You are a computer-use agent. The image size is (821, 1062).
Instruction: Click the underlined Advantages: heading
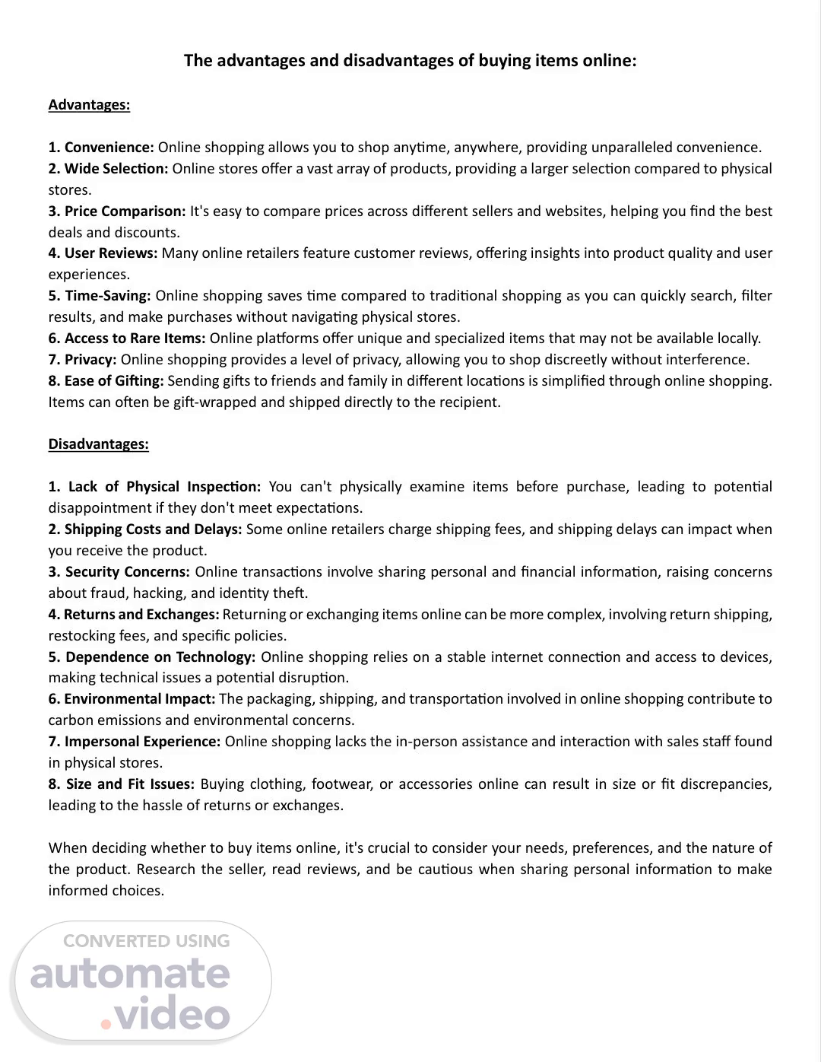click(89, 105)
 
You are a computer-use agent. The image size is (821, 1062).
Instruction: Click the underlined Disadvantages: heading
click(98, 444)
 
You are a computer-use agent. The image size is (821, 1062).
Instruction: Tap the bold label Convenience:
click(109, 148)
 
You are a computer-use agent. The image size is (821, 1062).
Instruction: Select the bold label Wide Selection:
click(116, 169)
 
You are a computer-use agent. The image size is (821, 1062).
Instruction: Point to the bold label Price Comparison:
click(125, 211)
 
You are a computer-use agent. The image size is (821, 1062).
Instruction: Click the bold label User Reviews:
click(111, 253)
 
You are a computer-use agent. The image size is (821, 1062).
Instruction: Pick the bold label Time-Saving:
click(108, 296)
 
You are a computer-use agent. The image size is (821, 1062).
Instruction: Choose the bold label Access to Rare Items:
click(135, 339)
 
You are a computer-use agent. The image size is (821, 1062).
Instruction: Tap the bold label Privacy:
click(90, 360)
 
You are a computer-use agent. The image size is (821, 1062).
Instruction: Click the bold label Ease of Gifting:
click(114, 381)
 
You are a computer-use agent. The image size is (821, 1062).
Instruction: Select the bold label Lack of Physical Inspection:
click(164, 487)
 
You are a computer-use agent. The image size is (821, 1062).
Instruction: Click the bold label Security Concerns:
click(127, 572)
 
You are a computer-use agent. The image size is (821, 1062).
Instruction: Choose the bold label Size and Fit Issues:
click(130, 784)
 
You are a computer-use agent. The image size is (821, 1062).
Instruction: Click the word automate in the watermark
click(130, 975)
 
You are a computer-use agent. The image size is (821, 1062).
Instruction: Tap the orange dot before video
click(106, 1024)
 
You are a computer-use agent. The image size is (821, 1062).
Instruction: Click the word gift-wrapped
click(215, 402)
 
